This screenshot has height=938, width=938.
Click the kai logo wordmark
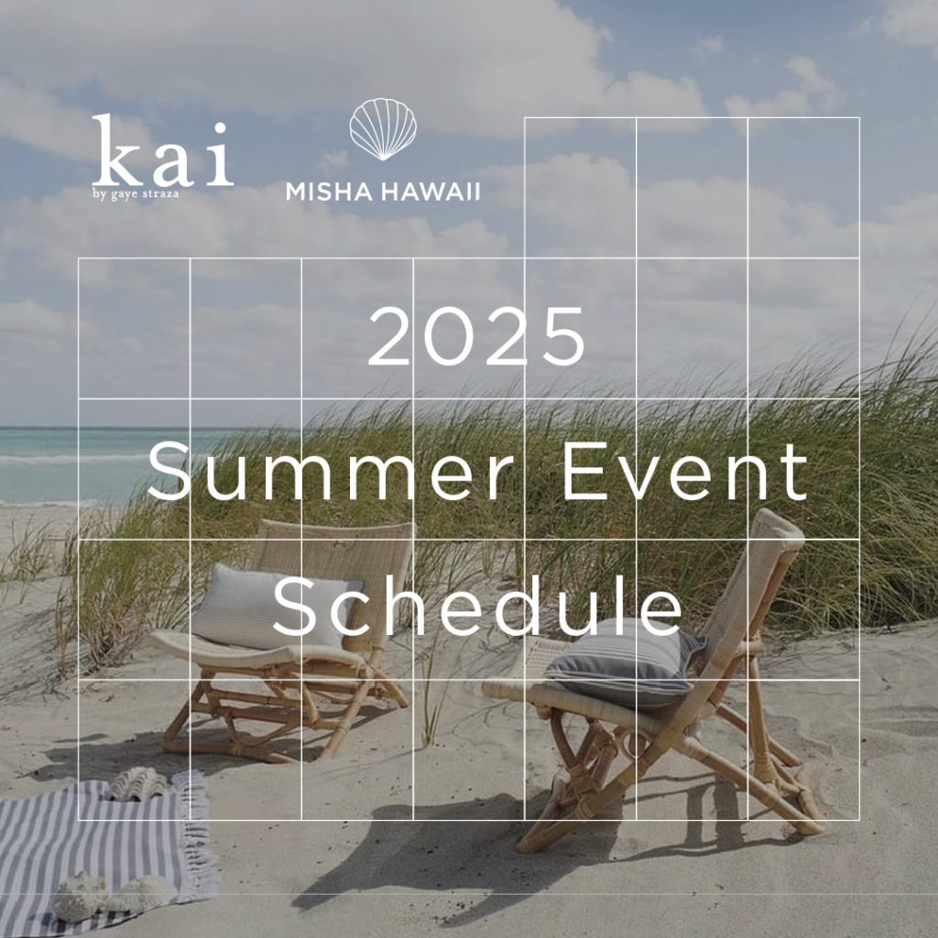click(162, 150)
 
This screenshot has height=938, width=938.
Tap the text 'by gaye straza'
click(136, 194)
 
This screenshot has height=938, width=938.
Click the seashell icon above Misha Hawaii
click(383, 129)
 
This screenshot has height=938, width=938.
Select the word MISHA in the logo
click(330, 191)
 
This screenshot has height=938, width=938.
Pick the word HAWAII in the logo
click(431, 191)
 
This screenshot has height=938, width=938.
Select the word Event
click(685, 472)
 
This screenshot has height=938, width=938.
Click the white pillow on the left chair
click(269, 605)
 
